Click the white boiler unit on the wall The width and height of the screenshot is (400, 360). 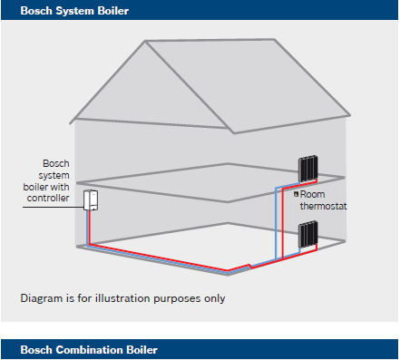tap(91, 199)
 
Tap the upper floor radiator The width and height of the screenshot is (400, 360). tap(308, 168)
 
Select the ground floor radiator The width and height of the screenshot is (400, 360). tap(308, 234)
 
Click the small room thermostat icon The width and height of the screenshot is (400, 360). tap(296, 194)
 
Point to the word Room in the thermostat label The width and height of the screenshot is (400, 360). tap(312, 194)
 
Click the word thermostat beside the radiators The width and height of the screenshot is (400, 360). tap(323, 206)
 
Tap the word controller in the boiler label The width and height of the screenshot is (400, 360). tap(48, 198)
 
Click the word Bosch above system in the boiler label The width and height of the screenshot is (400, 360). tap(56, 163)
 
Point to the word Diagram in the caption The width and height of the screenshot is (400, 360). tap(42, 298)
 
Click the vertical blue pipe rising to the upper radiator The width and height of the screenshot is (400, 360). tap(276, 223)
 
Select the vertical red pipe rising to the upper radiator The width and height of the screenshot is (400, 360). tap(282, 223)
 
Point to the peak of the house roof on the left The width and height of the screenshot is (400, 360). tap(145, 41)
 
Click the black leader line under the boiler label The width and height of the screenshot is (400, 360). tap(54, 208)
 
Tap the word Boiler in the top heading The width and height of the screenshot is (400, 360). tap(113, 11)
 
